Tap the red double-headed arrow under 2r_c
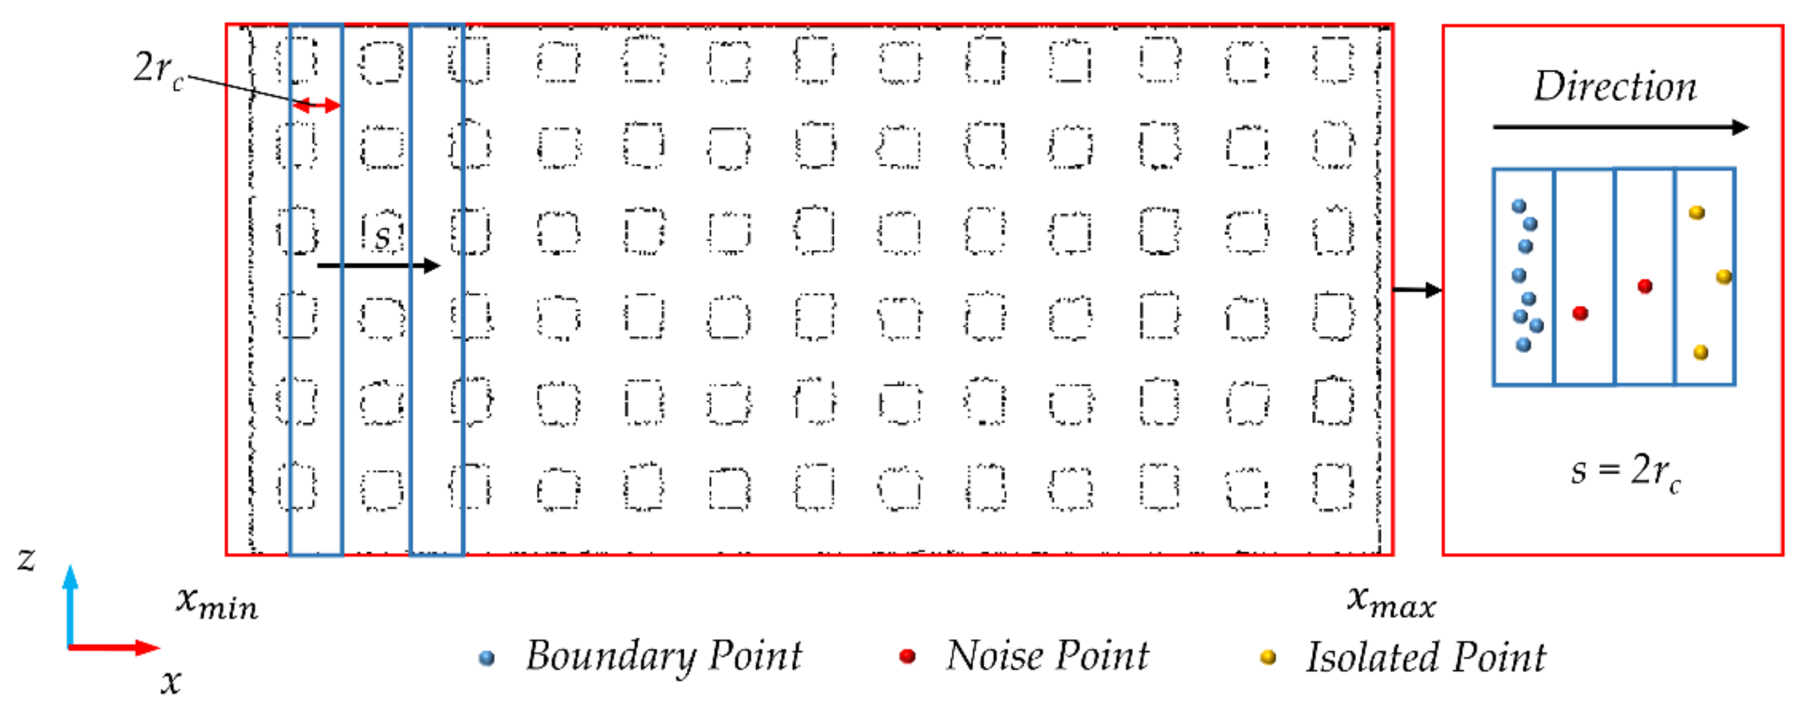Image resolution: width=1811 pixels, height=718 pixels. click(317, 106)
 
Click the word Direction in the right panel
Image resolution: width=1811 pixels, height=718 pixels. click(1615, 87)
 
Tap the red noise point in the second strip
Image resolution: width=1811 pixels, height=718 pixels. click(1581, 313)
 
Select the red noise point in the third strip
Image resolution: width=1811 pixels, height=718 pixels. click(1645, 286)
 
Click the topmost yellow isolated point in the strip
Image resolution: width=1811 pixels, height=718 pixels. click(1697, 212)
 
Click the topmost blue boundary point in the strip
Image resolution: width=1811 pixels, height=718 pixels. click(1519, 206)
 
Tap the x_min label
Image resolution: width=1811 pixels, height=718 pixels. click(216, 602)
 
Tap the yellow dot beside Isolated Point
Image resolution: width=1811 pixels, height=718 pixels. click(1268, 658)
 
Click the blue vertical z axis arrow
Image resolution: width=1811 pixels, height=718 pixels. click(70, 604)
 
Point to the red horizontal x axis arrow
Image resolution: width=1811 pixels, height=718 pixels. click(112, 647)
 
